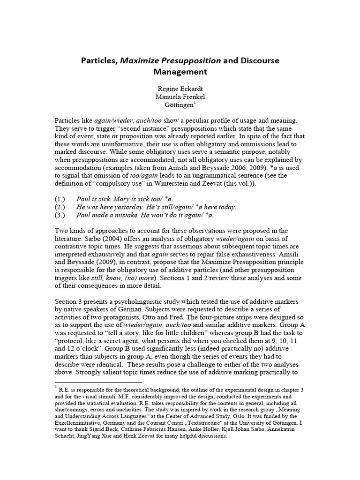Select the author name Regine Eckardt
click(180, 89)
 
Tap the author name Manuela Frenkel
click(180, 97)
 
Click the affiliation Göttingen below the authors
click(179, 106)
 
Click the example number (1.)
click(61, 199)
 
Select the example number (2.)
click(61, 207)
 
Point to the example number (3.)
click(61, 215)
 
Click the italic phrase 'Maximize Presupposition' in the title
click(171, 61)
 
